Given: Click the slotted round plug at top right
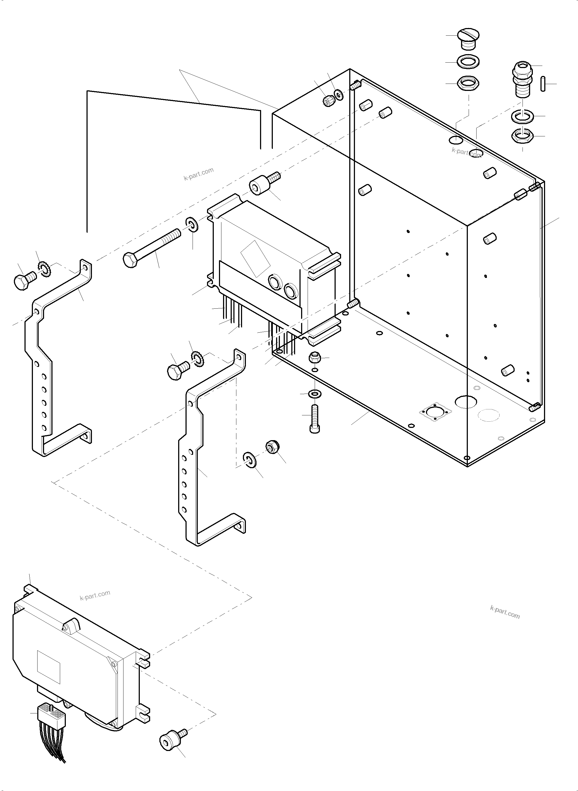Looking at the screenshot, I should click(x=468, y=39).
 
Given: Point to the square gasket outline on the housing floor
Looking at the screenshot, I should click(x=435, y=412).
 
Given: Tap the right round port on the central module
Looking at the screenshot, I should click(x=291, y=290).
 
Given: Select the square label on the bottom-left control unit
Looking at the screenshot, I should click(x=49, y=667).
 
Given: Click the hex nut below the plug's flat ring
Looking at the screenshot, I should click(x=468, y=84).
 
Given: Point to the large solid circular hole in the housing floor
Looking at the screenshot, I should click(x=466, y=402).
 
